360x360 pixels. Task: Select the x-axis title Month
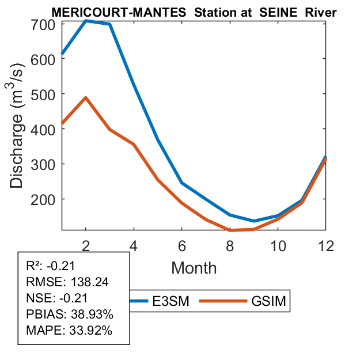[194, 267]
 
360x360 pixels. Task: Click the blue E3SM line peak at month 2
[86, 20]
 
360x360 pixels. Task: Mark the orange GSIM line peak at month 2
[86, 97]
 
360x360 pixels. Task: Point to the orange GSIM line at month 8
[230, 230]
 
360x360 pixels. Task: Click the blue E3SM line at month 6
[182, 183]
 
